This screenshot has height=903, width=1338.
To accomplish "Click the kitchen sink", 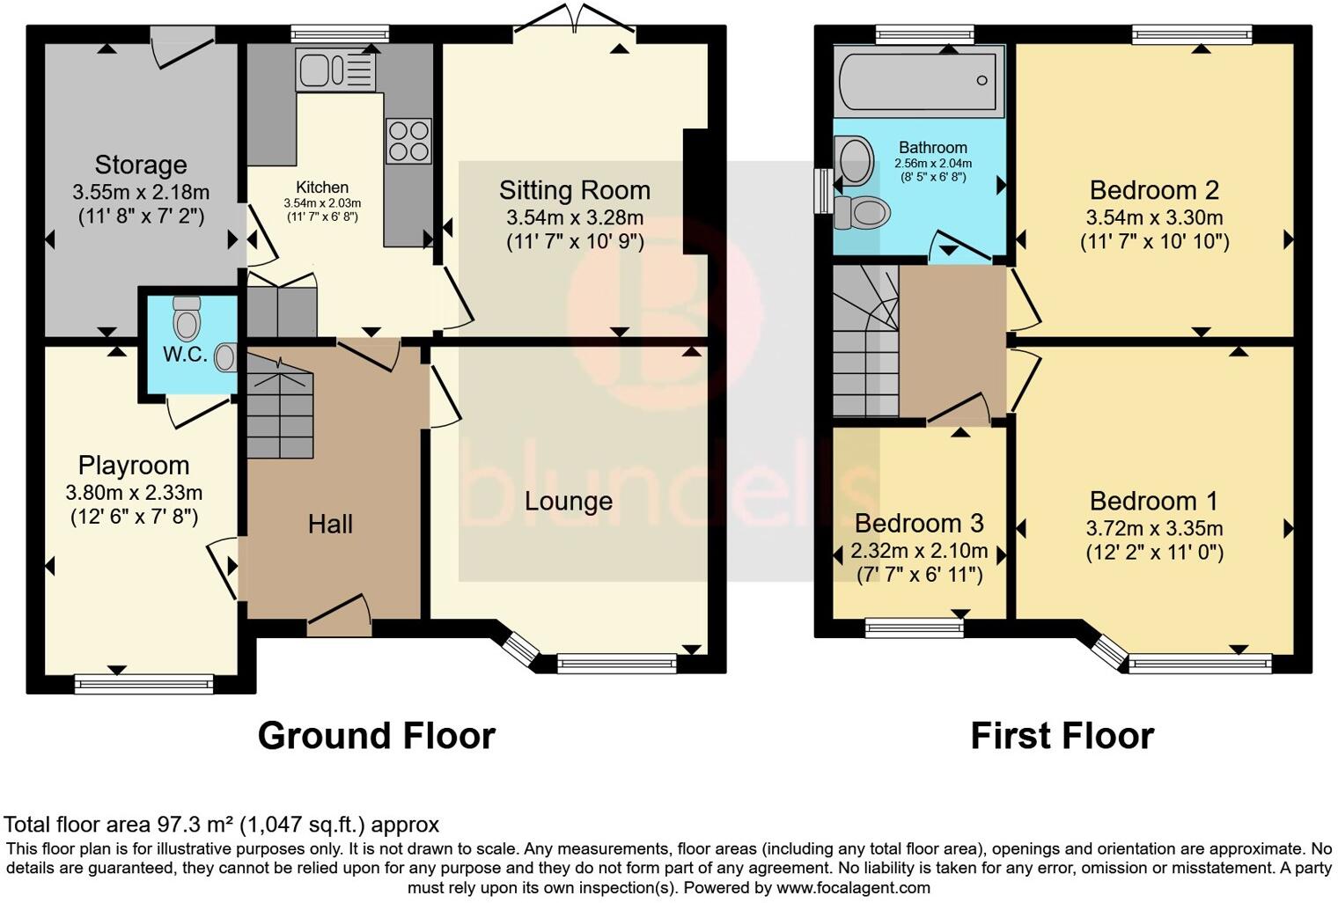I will pos(336,70).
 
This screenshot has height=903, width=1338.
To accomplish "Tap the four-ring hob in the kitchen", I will pos(408,141).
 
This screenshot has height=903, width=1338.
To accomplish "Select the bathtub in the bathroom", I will pos(920,81).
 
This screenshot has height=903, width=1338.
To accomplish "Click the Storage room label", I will pos(141,165).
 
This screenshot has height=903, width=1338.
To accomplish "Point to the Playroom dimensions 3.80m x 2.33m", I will pos(134,493).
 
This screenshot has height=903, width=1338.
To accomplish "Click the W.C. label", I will pos(185,356).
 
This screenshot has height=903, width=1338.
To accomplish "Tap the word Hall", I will pos(330,525).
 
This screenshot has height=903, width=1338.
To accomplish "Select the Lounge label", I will pos(568,502).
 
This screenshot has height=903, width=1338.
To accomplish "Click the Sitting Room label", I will pos(575,190).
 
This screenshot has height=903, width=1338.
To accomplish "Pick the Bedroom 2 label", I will pos(1154,190).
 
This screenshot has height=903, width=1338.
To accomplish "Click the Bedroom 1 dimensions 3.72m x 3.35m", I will pos(1154,528).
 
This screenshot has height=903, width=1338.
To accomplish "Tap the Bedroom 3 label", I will pos(919,524).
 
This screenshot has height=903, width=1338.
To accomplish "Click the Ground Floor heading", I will pos(376,736).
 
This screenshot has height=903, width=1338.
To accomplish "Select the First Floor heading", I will pos(1062,736).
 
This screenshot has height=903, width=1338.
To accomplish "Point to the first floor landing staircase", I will pos(864,343).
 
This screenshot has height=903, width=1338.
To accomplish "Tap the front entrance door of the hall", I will pos(339,619).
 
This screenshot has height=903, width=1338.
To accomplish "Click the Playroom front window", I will pos(143,683).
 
